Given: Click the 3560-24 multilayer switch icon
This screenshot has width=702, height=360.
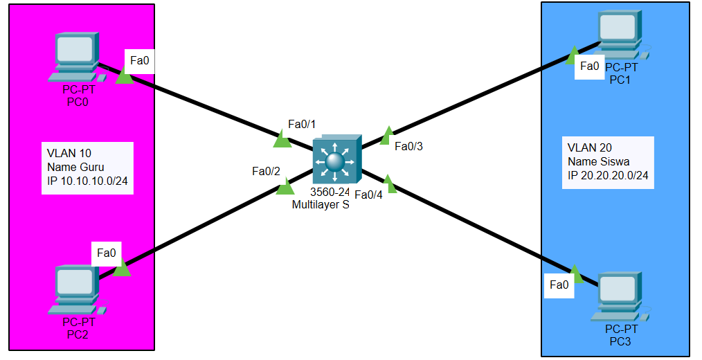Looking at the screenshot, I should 336,161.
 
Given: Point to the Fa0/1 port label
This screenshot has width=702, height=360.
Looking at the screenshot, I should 302,125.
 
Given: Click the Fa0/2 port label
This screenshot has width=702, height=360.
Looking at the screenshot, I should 266,171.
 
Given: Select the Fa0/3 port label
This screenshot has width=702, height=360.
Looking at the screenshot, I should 408,146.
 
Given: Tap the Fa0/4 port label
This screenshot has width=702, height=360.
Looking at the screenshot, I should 368,195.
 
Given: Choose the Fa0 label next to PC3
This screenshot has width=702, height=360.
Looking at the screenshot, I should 559,285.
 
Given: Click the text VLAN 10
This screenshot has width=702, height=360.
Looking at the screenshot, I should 69,153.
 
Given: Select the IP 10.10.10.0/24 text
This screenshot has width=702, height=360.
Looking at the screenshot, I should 87,181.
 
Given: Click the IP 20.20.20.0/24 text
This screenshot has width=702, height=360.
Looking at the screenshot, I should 608,176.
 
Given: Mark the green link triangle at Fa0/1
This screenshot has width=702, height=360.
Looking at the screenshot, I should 282,141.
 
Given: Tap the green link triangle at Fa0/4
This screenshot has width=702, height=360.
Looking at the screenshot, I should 389,184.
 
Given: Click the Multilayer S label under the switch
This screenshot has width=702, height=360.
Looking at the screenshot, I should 320,205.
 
